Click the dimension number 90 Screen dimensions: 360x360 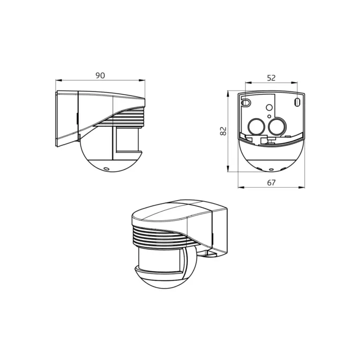[x=100, y=75]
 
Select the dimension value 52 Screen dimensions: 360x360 [x=271, y=78]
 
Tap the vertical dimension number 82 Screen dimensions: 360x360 [x=224, y=131]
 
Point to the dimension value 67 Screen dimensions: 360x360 [x=271, y=183]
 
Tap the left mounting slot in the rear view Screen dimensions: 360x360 [x=245, y=102]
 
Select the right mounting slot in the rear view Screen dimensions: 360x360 [x=297, y=102]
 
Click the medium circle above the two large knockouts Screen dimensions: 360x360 [x=269, y=108]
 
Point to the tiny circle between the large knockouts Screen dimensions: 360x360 [x=268, y=116]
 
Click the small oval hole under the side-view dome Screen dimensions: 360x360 [x=106, y=167]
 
